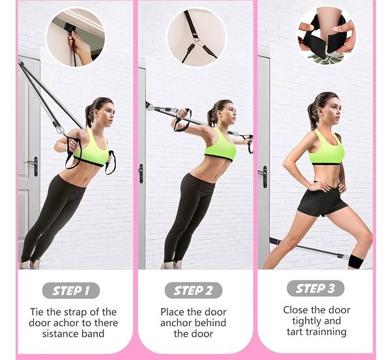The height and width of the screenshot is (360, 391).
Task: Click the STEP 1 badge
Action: click(71, 290)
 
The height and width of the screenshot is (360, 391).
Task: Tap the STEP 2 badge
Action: click(194, 290)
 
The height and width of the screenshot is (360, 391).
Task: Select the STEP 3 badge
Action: click(315, 288)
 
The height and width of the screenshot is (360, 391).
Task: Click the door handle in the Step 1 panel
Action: click(33, 165)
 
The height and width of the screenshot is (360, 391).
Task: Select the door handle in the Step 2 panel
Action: click(141, 173)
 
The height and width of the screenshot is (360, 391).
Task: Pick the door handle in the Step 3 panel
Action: click(263, 176)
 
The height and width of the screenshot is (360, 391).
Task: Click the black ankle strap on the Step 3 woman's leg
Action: click(357, 262)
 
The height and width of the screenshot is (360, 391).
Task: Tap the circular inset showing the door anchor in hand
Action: click(76, 37)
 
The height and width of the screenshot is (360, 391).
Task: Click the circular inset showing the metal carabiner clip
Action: click(196, 37)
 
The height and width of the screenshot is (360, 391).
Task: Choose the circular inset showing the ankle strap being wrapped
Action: click(326, 35)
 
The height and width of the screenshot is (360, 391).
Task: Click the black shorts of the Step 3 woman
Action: click(321, 200)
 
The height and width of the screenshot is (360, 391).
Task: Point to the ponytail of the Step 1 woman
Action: click(90, 116)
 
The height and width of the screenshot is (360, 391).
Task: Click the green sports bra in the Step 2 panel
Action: click(220, 145)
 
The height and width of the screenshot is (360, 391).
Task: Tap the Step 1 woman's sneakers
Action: click(29, 264)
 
